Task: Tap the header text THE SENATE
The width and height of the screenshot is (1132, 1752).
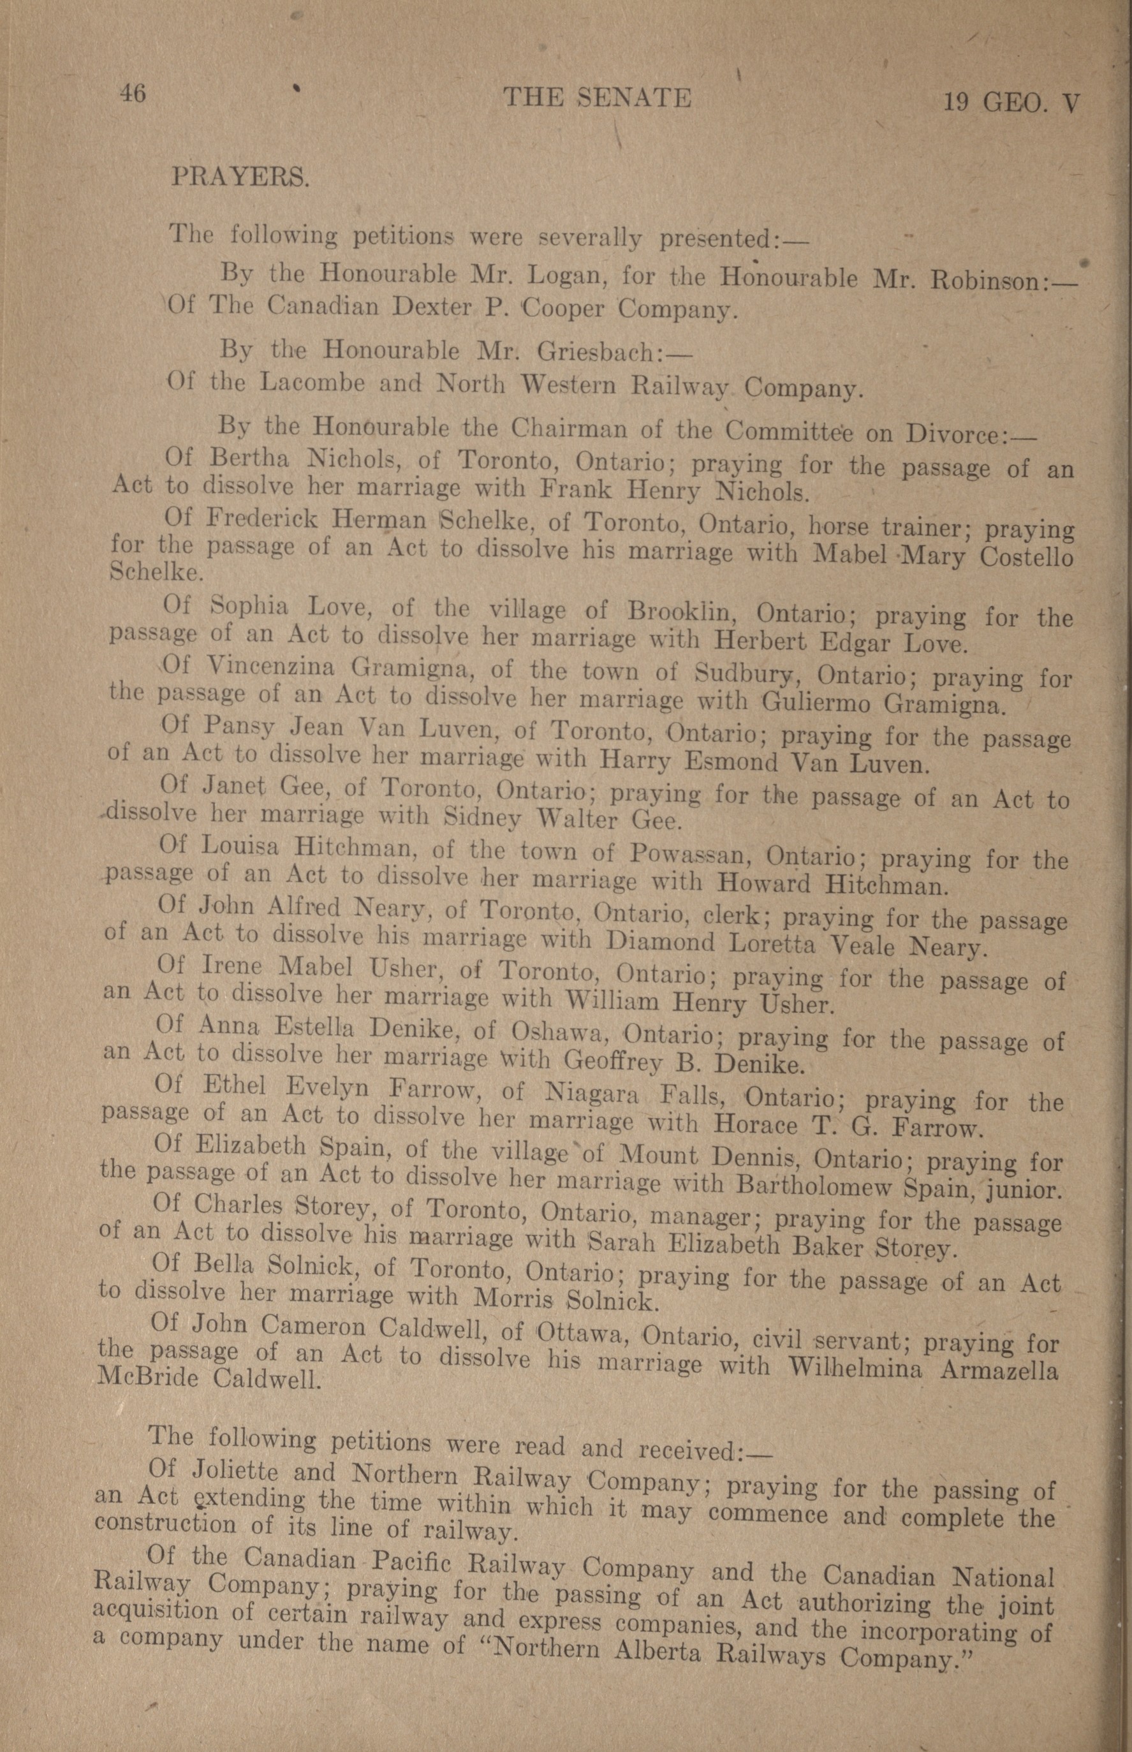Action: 597,98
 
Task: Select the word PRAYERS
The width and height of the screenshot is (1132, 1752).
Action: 240,177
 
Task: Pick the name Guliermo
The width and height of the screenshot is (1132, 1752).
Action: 815,703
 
